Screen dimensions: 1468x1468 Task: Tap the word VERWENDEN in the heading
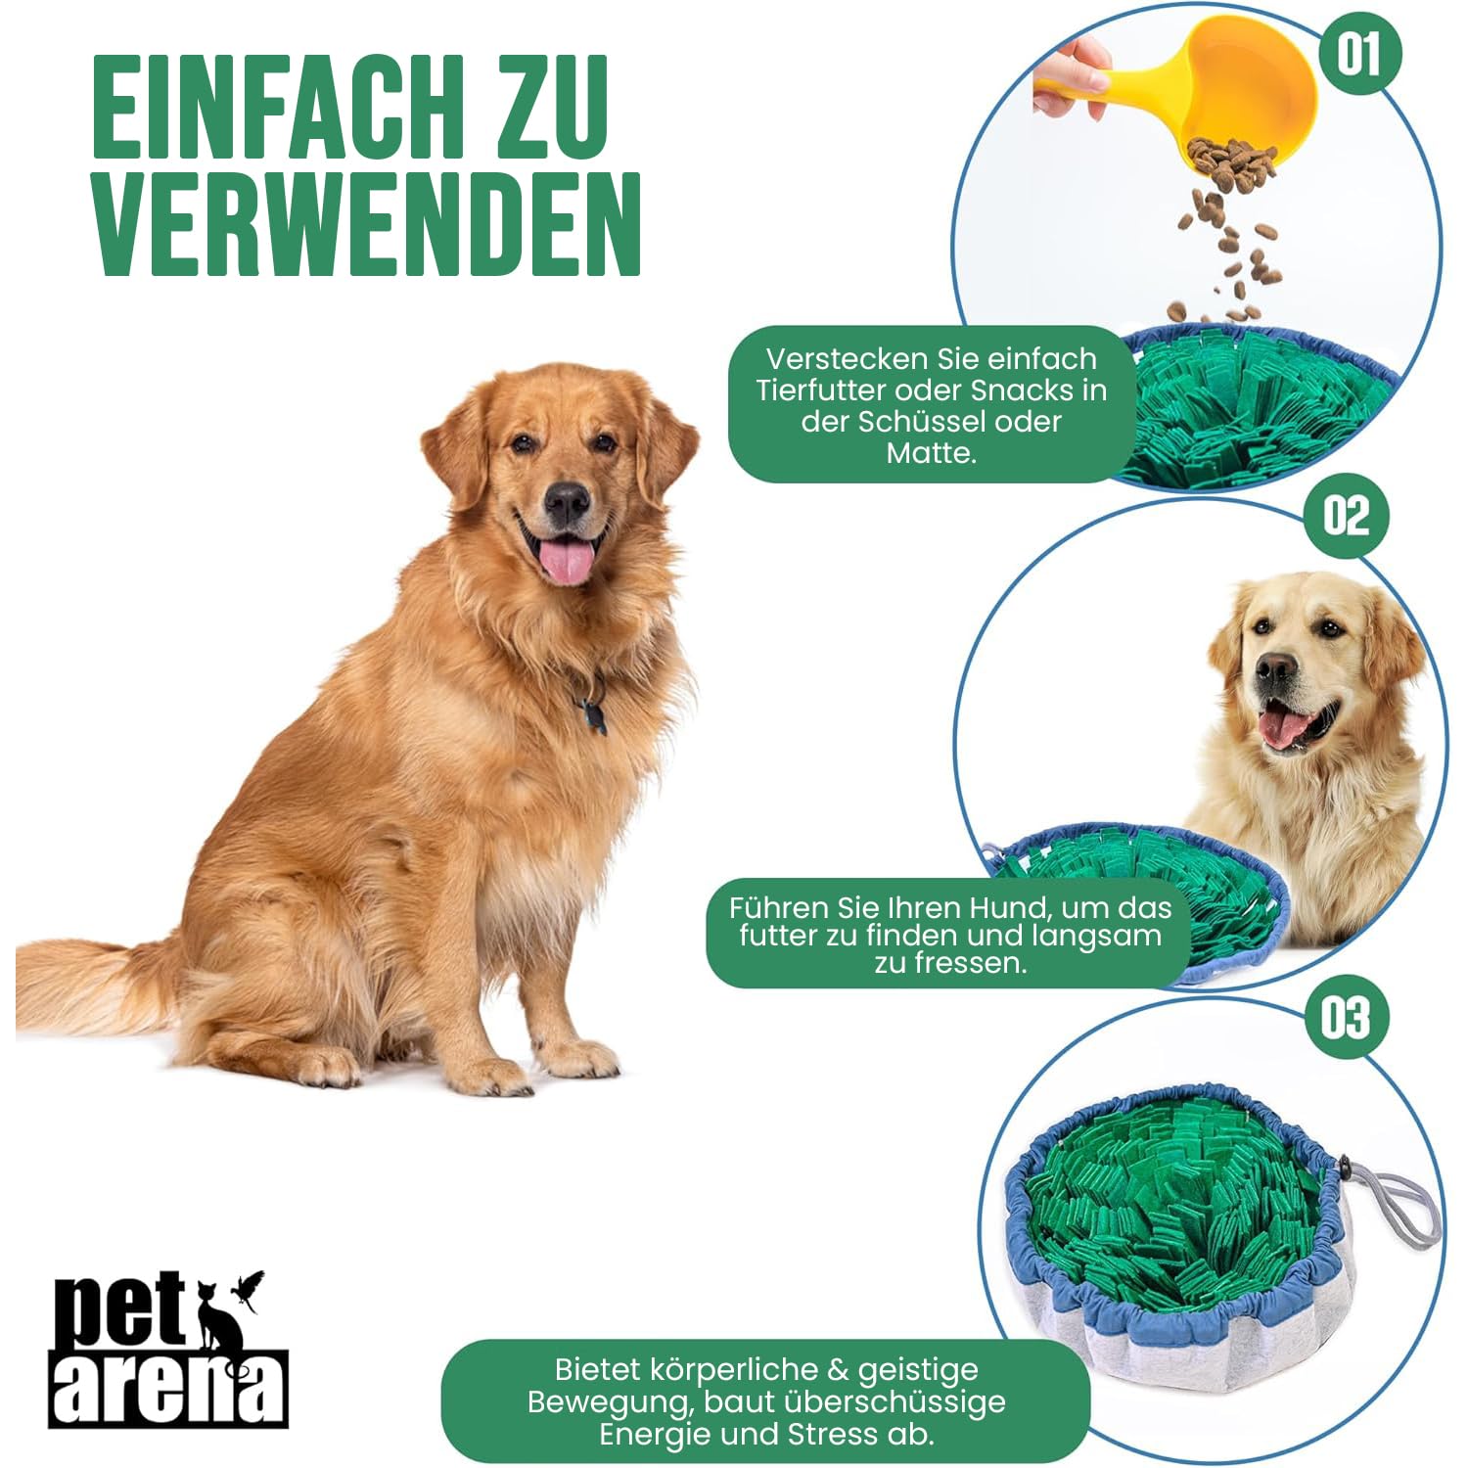[366, 226]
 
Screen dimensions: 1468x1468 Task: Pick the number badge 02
[1347, 515]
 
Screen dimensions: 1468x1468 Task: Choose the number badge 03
[1347, 1017]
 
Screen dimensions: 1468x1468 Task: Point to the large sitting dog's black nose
[568, 503]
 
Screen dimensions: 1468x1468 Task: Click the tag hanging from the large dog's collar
[593, 715]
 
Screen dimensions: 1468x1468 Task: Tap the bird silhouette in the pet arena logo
[247, 1290]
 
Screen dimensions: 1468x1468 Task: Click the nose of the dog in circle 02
[1275, 669]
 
